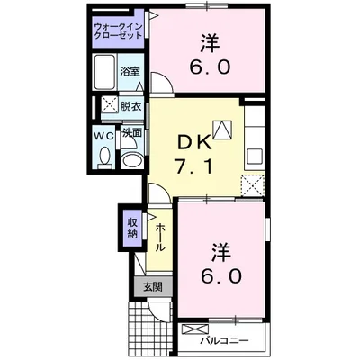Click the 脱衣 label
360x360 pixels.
coord(131,105)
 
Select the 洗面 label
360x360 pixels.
coord(132,132)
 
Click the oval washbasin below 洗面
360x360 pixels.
coord(131,160)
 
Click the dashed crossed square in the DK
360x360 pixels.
coord(253,185)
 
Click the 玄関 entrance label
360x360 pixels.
coord(150,287)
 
